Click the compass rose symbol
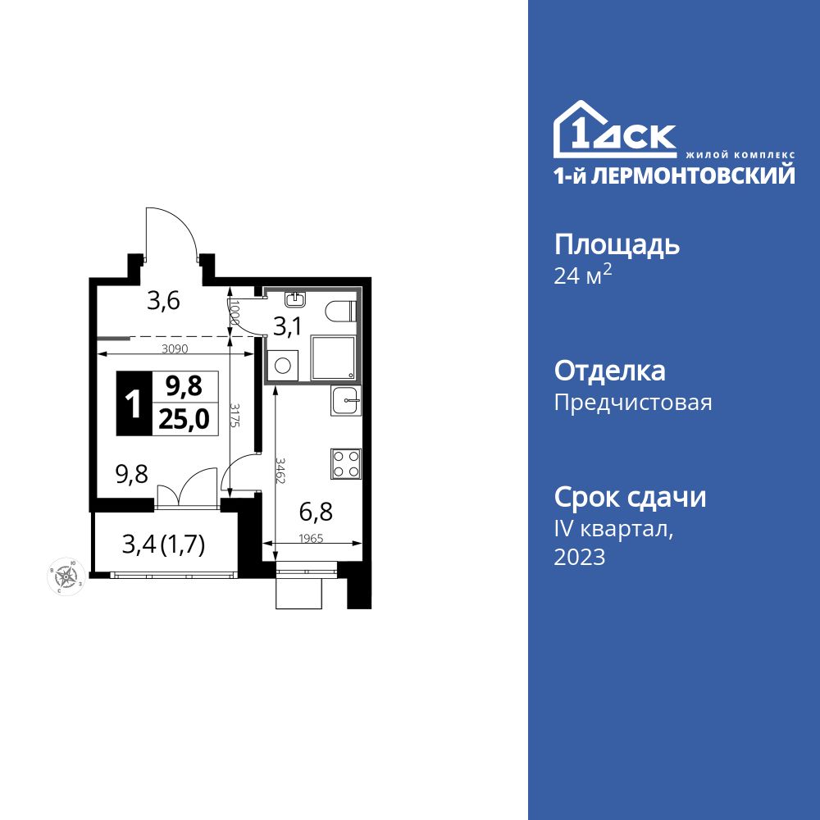(65, 577)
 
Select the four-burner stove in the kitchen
(346, 463)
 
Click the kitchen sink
(346, 402)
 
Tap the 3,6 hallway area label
(163, 301)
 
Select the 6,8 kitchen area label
(316, 513)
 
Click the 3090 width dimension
(175, 348)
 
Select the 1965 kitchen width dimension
(312, 538)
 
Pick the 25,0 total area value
(184, 420)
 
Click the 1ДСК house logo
(615, 131)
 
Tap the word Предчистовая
(633, 403)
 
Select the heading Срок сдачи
(630, 497)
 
